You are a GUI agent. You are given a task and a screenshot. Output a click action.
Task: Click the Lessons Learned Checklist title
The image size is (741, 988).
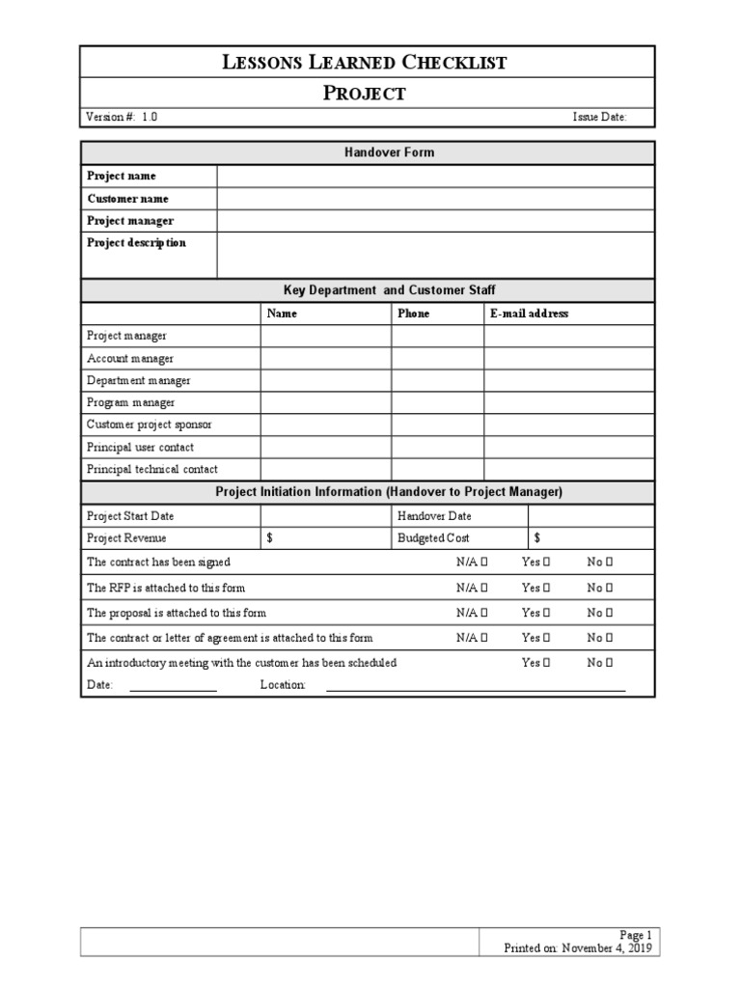(x=365, y=64)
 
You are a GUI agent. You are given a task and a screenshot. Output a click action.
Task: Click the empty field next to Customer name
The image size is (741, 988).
(x=435, y=199)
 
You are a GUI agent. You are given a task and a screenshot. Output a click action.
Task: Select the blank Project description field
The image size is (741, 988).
(x=435, y=255)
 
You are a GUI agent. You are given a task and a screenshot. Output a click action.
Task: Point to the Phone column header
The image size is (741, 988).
(x=414, y=314)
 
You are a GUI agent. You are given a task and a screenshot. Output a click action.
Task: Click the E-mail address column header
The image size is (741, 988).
(x=529, y=314)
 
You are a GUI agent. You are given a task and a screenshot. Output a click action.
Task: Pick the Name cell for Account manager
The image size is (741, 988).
(x=325, y=359)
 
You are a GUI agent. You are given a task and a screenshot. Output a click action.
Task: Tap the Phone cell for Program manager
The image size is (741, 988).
(x=437, y=403)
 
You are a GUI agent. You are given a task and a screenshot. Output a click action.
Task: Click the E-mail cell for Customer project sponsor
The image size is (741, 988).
(x=569, y=425)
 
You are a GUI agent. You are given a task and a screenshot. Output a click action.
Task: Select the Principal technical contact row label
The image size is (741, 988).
(x=152, y=470)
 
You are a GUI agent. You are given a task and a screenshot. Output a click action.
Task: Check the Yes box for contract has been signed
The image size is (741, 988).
(x=546, y=563)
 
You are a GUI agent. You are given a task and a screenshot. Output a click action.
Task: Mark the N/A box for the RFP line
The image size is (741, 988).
(x=483, y=588)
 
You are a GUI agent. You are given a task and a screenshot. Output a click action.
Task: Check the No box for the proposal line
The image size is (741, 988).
(x=610, y=613)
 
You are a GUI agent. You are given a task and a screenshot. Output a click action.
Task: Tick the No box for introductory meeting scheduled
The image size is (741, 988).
(x=610, y=663)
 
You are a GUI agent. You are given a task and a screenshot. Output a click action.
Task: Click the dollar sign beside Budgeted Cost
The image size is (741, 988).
(x=536, y=538)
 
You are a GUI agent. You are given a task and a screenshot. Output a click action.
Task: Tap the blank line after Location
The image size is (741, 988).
(x=476, y=687)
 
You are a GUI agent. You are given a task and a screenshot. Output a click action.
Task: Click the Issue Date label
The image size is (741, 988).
(x=599, y=117)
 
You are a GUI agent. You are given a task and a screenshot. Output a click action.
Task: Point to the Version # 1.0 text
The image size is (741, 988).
(x=122, y=117)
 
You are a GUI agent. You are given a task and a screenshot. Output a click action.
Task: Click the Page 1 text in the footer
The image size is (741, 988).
(x=636, y=935)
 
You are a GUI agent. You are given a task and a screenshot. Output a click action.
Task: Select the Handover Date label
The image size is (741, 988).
(x=434, y=516)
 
